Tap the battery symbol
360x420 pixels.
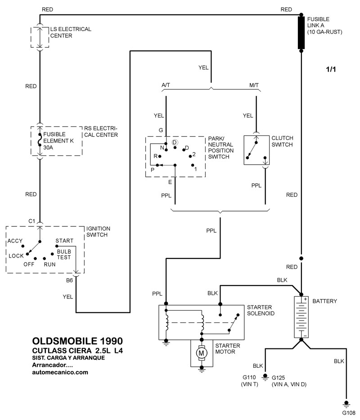click(x=301, y=317)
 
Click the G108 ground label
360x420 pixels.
click(x=349, y=413)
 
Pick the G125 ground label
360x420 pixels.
click(x=280, y=377)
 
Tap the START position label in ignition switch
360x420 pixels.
click(x=64, y=241)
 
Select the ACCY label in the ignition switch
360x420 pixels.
click(x=15, y=241)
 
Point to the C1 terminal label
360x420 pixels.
click(x=31, y=221)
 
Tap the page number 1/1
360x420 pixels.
click(x=331, y=70)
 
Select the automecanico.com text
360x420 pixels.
click(x=60, y=372)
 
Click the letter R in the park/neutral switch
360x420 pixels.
click(x=155, y=156)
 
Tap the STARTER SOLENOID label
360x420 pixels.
click(x=261, y=310)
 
